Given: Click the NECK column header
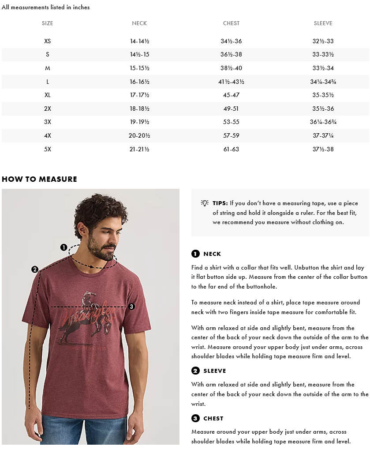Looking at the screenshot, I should (x=139, y=23).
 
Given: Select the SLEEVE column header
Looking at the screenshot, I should (x=323, y=23).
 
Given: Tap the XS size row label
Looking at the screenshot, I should (x=48, y=41).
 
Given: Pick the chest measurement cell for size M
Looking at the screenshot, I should (x=231, y=68).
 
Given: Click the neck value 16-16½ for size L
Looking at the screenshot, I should (x=139, y=82).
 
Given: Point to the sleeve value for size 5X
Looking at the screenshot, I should (x=323, y=150).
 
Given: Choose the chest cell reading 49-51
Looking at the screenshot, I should (x=231, y=109).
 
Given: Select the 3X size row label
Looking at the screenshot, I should (x=48, y=122).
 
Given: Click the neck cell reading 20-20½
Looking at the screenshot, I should (x=139, y=136).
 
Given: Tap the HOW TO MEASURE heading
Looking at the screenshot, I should (x=39, y=179).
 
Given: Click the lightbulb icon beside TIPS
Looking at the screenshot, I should (x=205, y=203).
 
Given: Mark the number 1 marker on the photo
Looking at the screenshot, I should (x=64, y=247).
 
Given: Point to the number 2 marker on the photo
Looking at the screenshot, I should (x=35, y=270).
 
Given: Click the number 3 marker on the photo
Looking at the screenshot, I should (x=131, y=307).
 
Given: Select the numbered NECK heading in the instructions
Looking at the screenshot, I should (x=206, y=254).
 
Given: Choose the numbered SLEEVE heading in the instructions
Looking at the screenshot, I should (x=209, y=371).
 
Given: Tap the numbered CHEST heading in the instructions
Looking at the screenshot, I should (x=208, y=419).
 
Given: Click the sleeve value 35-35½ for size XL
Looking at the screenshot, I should (x=323, y=95).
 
